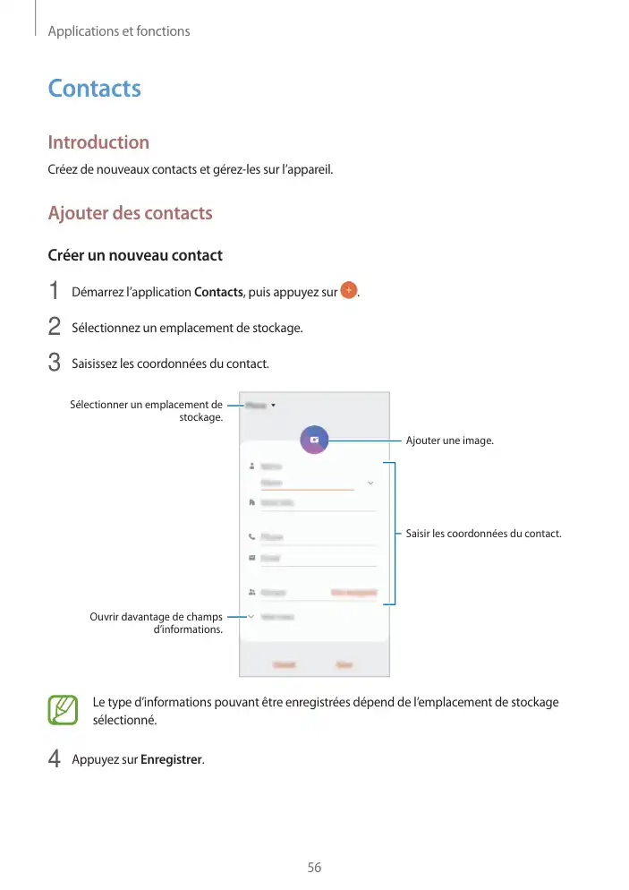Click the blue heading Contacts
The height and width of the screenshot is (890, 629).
point(94,89)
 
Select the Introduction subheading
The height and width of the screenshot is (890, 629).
point(98,142)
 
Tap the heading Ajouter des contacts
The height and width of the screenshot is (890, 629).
point(130,213)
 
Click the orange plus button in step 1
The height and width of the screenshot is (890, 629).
point(350,291)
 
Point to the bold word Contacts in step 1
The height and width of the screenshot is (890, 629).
point(218,293)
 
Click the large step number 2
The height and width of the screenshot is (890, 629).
point(55,328)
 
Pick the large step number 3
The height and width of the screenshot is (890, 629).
point(55,364)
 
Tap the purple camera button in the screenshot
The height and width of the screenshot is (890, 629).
point(314,440)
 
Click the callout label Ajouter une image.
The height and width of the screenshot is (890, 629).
point(449,441)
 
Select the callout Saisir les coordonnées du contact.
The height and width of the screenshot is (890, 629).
point(483,535)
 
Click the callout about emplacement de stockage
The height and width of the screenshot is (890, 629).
point(147,411)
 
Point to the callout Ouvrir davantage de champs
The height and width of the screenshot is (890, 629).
point(157,622)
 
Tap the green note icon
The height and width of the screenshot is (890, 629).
point(64,710)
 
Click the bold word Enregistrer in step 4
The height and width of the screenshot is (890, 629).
point(172,760)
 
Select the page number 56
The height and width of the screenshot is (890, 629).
point(314,868)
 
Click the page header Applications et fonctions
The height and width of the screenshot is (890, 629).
point(119,31)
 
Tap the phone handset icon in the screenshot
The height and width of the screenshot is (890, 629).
point(251,537)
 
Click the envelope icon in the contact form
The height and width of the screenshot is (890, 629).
point(251,558)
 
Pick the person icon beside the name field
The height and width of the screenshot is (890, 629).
point(251,466)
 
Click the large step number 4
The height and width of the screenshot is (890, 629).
point(55,759)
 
